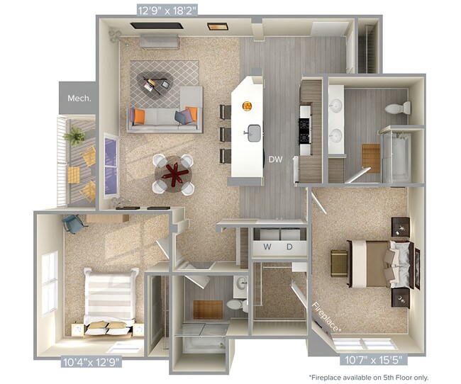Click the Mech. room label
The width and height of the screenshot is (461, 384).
tap(79, 98)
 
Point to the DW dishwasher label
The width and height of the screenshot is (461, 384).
tap(277, 160)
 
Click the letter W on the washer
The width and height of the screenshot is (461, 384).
tap(267, 247)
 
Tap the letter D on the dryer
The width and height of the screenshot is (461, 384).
tap(289, 247)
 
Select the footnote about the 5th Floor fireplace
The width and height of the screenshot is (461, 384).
tap(368, 377)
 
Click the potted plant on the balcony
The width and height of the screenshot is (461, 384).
tap(74, 134)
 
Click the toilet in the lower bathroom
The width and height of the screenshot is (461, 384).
tap(235, 305)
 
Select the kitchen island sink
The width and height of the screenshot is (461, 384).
tap(252, 132)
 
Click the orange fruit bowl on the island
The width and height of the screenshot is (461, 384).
tap(248, 106)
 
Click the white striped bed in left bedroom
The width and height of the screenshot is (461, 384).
tap(109, 298)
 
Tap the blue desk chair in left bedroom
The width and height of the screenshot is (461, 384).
tap(73, 224)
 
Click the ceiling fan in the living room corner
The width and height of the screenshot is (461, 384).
tap(114, 34)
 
